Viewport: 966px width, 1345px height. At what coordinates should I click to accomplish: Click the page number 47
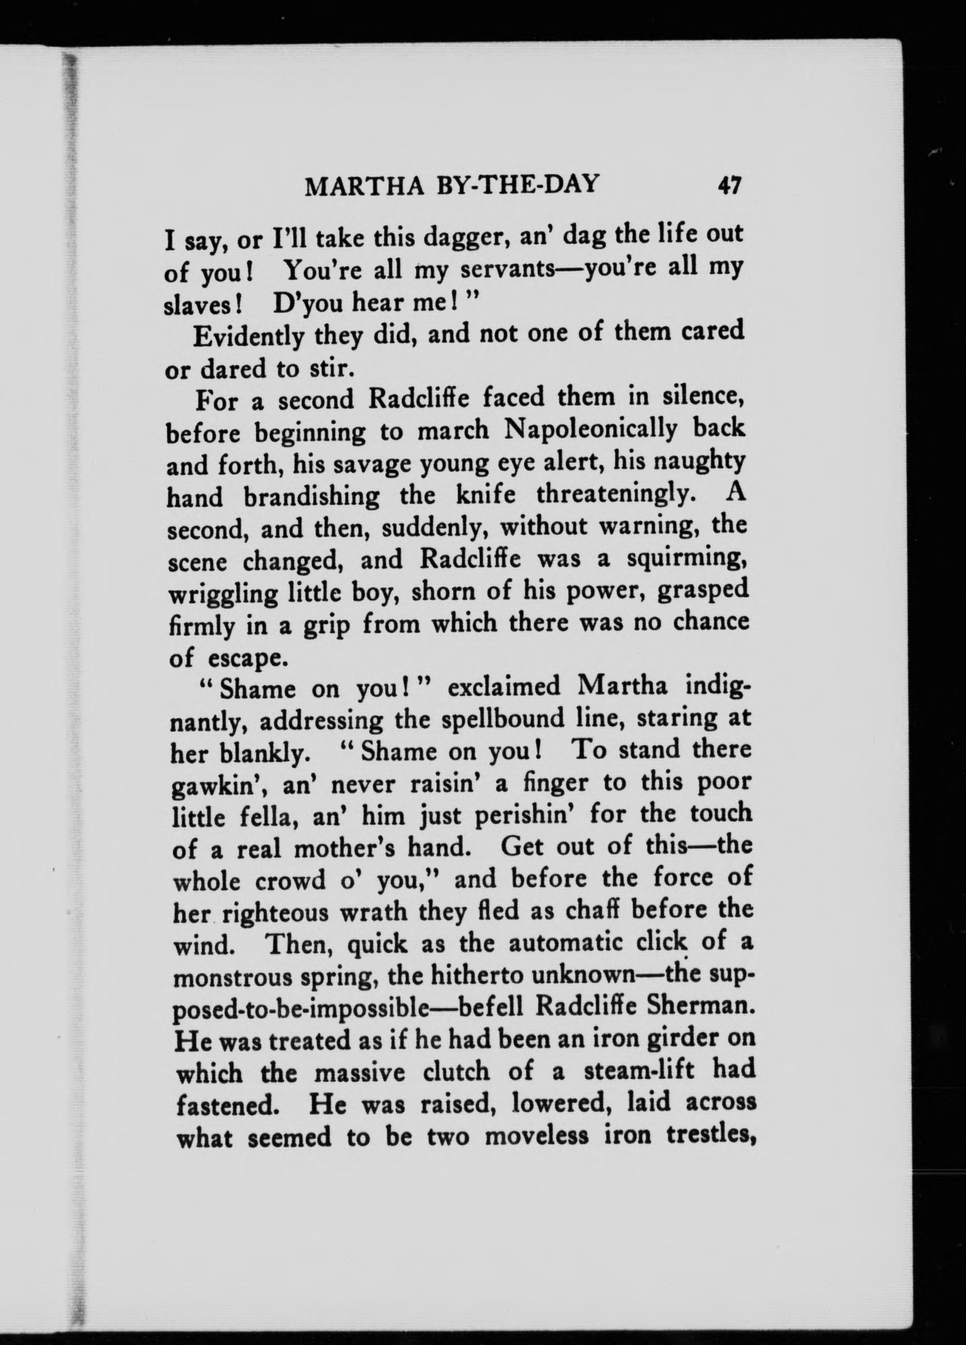729,186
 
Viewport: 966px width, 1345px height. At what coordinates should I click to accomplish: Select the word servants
507,270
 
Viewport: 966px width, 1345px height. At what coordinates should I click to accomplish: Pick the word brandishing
312,495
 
